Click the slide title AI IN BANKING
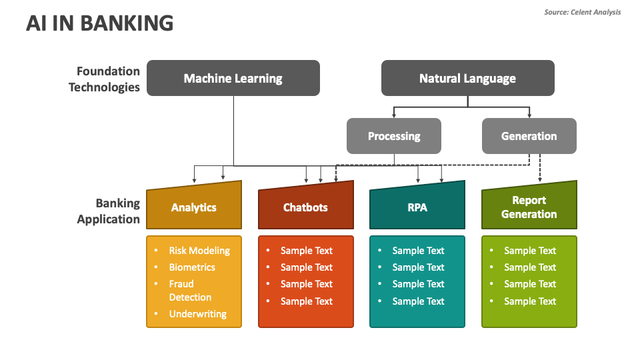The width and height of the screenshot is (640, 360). pos(100,23)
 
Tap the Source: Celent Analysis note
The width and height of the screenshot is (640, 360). pos(582,12)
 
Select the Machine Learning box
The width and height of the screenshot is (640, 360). pos(233,78)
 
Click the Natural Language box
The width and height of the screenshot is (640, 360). pos(467,78)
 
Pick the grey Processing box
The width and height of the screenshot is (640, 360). pos(394,136)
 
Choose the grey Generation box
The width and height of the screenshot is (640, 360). pos(529,136)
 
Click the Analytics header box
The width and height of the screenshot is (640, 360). pos(194,207)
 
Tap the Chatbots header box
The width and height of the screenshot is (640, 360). pos(305,207)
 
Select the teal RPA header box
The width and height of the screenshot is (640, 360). pos(417,207)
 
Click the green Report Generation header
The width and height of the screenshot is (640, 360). pos(529,207)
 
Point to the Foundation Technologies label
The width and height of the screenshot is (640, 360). pos(105,79)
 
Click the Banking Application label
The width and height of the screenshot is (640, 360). pos(109,211)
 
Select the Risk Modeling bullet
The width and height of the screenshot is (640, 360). pos(199,251)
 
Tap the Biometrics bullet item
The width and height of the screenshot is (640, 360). pos(192,267)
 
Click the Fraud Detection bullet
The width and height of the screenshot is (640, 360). pos(190,291)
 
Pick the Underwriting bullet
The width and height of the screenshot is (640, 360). pos(197,314)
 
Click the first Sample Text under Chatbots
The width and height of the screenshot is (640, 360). pos(306,251)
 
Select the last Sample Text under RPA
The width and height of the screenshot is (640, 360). pos(418,301)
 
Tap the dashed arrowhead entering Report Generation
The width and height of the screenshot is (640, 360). pos(540,179)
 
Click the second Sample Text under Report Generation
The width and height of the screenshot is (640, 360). pos(529,267)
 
